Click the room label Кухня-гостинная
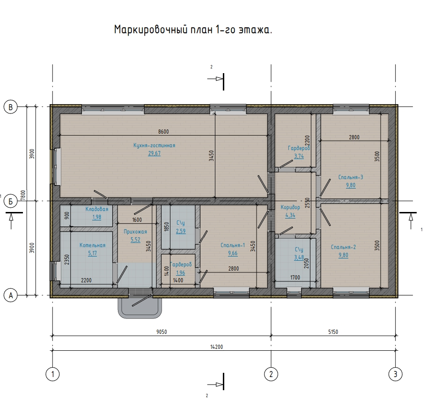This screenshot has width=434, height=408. pos(154,145)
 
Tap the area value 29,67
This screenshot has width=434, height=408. pos(154,153)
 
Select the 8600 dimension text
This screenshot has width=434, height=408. pos(163,132)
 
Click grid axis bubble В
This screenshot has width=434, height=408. pos(10,107)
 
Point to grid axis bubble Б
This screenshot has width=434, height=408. pos(10,201)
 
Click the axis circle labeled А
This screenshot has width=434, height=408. pos(10,295)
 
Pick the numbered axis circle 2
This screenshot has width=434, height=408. pos(271,374)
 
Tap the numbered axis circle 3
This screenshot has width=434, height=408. pos(395,374)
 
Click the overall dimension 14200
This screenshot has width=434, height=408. pos(216,347)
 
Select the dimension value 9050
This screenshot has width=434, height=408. pos(162,332)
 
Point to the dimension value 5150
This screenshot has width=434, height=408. pos(333,332)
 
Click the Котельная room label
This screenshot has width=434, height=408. pos(92,245)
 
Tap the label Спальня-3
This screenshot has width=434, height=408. pos(351,177)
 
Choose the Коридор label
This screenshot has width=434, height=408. pos(290,207)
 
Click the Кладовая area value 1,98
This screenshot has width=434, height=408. pos(96,217)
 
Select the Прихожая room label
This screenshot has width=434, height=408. pos(135,232)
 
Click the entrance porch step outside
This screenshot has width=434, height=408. pos(140,307)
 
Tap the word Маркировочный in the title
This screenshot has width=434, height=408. pos(151,30)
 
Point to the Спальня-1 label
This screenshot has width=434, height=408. pos(233,245)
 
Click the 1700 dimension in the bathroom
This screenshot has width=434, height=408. pos(295,278)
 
